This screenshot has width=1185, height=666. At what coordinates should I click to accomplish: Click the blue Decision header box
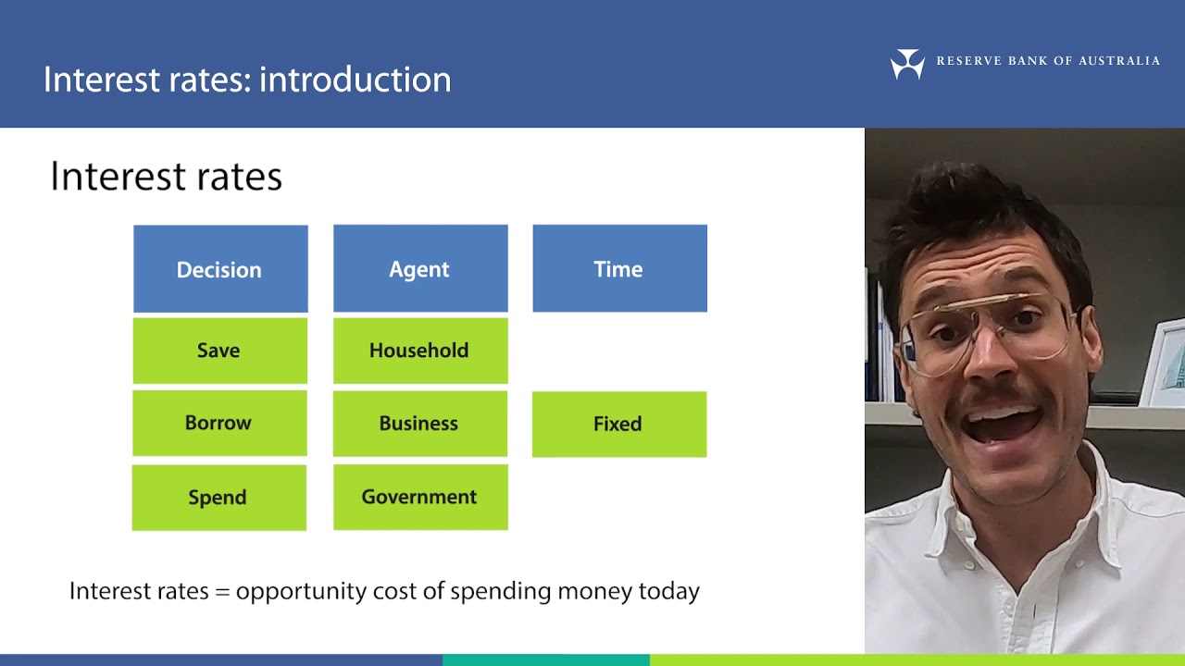(220, 269)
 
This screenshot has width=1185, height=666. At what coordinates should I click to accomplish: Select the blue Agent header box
(420, 269)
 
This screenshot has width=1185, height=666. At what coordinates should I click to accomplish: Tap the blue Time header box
(619, 269)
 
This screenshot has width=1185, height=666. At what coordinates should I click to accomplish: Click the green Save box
(219, 351)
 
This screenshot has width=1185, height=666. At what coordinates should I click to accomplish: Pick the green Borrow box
(219, 423)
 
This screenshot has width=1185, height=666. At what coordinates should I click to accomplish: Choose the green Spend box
(218, 498)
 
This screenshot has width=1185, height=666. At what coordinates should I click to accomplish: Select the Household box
(420, 351)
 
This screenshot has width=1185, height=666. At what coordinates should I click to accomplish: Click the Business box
(420, 424)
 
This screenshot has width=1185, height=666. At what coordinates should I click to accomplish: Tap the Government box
(420, 498)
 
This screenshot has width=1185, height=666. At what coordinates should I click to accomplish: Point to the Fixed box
(618, 424)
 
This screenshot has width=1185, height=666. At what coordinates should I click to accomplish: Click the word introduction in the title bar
(355, 80)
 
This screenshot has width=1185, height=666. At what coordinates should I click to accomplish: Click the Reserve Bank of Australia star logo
(907, 64)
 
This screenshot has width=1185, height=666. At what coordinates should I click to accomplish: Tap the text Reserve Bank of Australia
(1047, 61)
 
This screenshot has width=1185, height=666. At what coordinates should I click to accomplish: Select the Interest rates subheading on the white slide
(166, 177)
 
